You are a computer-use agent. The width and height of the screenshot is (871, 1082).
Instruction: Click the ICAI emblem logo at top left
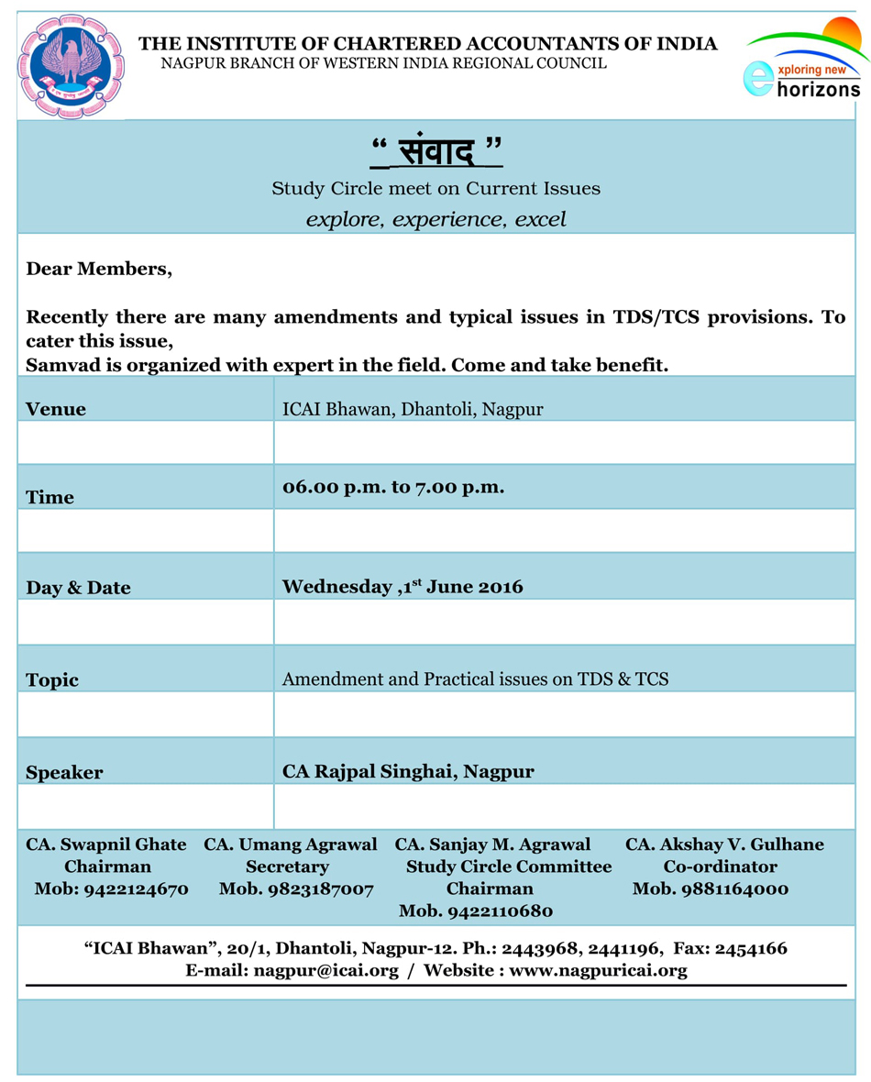(x=71, y=66)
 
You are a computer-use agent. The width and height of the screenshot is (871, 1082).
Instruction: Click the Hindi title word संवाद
(x=437, y=149)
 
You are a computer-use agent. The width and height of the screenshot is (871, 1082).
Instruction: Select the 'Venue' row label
(x=56, y=409)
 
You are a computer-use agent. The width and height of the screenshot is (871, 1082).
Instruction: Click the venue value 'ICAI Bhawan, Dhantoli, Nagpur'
(x=413, y=409)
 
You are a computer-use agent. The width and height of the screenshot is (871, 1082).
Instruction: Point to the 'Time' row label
(x=50, y=497)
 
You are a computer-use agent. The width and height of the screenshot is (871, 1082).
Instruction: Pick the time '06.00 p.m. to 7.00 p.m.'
(x=393, y=487)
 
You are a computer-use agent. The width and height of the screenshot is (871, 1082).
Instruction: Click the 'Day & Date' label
(x=78, y=588)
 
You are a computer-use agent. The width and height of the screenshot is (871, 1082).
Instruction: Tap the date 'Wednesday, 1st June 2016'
(x=402, y=586)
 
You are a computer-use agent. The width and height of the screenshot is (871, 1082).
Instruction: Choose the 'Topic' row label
(x=52, y=679)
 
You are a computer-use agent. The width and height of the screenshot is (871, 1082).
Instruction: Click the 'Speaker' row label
(x=64, y=772)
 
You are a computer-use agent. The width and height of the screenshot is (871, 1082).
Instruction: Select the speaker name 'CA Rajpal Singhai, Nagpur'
(x=408, y=771)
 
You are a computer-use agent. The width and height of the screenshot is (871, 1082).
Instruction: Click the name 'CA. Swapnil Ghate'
(x=106, y=845)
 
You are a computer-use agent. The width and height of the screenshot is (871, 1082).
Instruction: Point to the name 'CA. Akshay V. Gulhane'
(x=724, y=845)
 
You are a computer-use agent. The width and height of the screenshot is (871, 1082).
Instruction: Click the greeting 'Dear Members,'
(x=99, y=269)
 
